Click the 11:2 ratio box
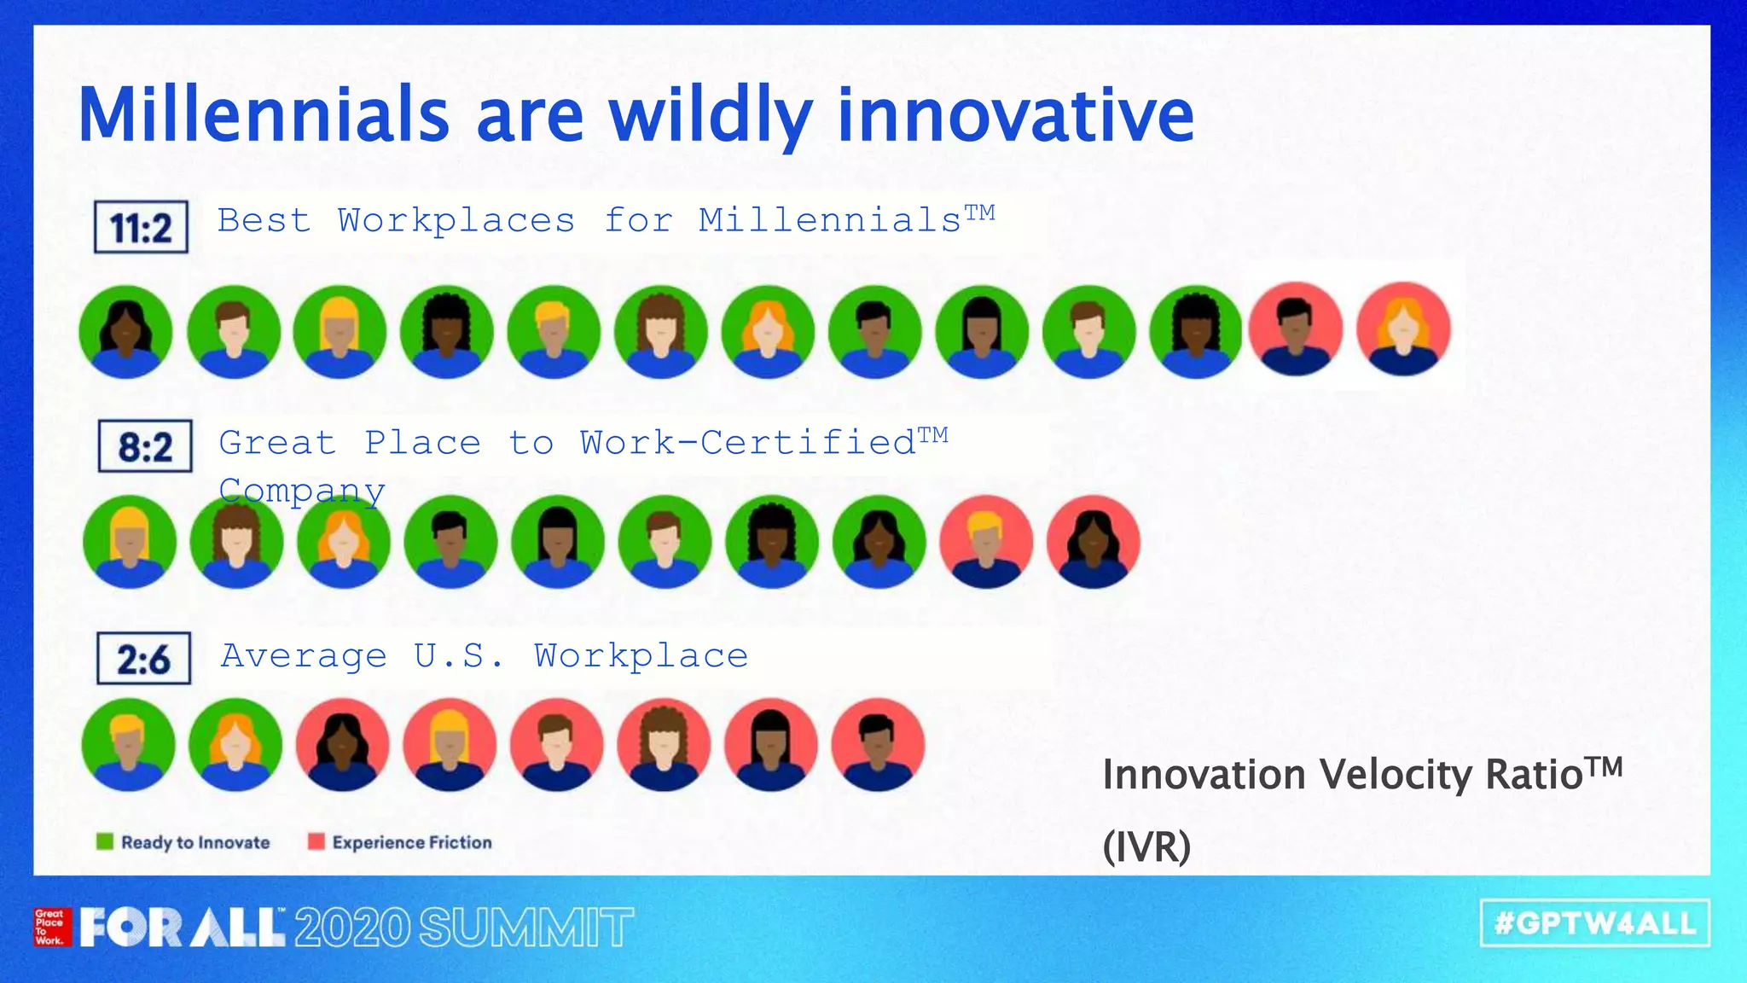[141, 227]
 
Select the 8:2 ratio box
[145, 446]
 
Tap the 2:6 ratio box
[143, 659]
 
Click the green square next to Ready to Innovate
[105, 842]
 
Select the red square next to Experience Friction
[316, 842]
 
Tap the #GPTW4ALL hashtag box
[1595, 923]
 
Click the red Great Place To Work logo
[49, 927]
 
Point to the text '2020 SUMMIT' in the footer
[464, 928]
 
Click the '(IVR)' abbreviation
[1146, 847]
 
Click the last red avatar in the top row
[1403, 330]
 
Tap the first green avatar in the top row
[125, 332]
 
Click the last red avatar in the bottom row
[878, 745]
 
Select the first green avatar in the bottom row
[129, 745]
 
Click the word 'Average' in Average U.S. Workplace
[304, 656]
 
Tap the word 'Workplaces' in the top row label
[456, 221]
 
